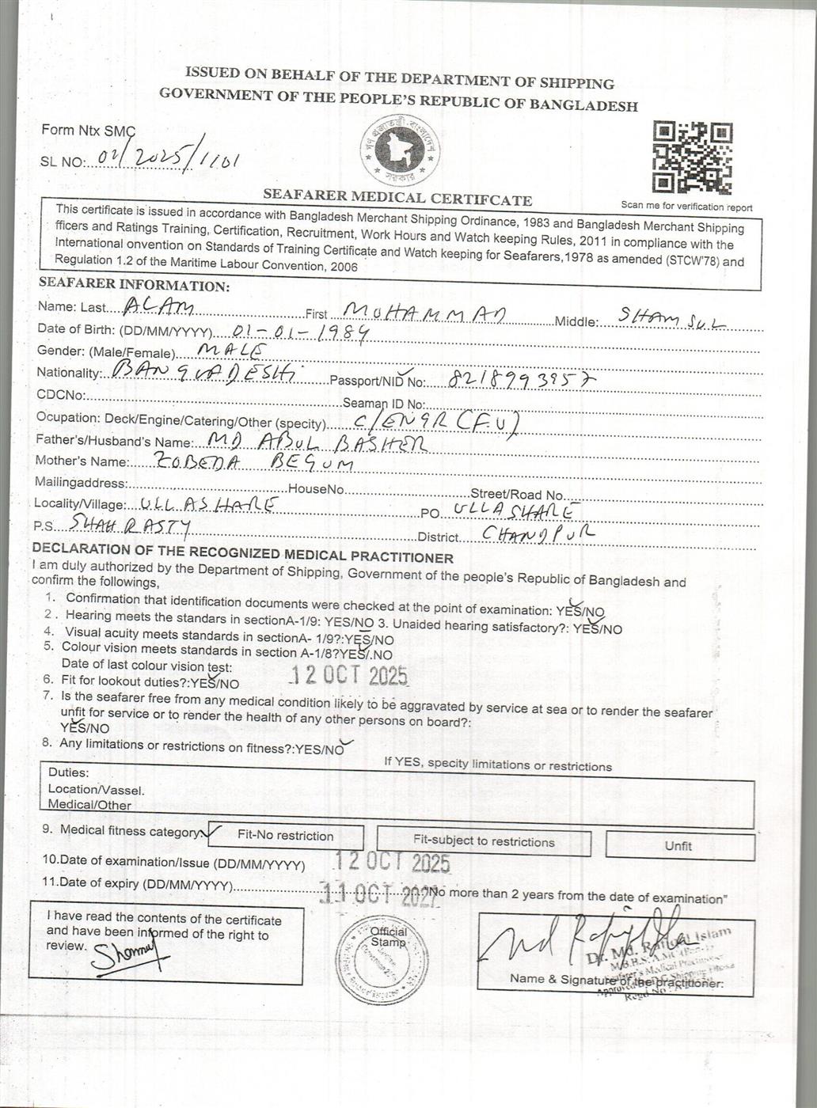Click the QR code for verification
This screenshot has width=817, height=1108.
coord(692,158)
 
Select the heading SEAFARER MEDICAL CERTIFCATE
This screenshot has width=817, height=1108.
coord(397,198)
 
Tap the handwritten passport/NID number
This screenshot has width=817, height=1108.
coord(521,381)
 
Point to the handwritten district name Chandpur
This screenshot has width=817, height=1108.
coord(538,534)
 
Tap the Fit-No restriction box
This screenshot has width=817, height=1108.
coord(286,836)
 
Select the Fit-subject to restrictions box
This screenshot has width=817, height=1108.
coord(484,841)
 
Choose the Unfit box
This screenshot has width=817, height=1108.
coord(678,845)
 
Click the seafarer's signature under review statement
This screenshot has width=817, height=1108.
coord(131,957)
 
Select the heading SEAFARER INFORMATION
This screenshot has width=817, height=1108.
coord(134,285)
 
